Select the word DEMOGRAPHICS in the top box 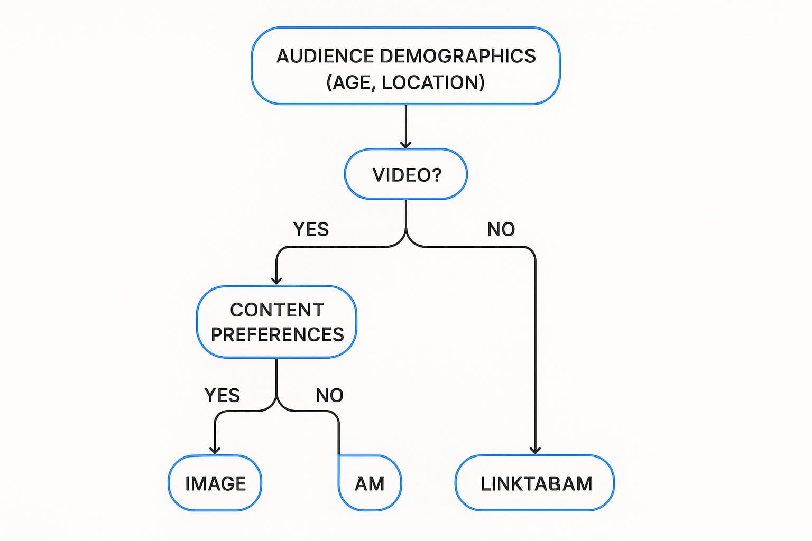click(x=458, y=56)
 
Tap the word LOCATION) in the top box click(x=433, y=82)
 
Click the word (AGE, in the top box click(x=351, y=82)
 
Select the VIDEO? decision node click(x=406, y=174)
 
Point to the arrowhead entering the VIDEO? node click(x=405, y=144)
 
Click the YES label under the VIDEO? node click(x=311, y=229)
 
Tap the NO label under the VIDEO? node click(x=501, y=229)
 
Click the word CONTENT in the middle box click(x=277, y=310)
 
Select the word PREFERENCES click(x=277, y=335)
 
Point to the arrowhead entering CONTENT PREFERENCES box click(x=276, y=281)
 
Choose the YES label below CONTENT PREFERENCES click(x=222, y=395)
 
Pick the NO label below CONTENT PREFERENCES click(x=329, y=395)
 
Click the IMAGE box click(x=215, y=483)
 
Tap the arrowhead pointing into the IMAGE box click(x=215, y=450)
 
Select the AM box click(x=370, y=483)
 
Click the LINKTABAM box click(x=535, y=483)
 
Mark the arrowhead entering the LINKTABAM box click(x=536, y=450)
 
